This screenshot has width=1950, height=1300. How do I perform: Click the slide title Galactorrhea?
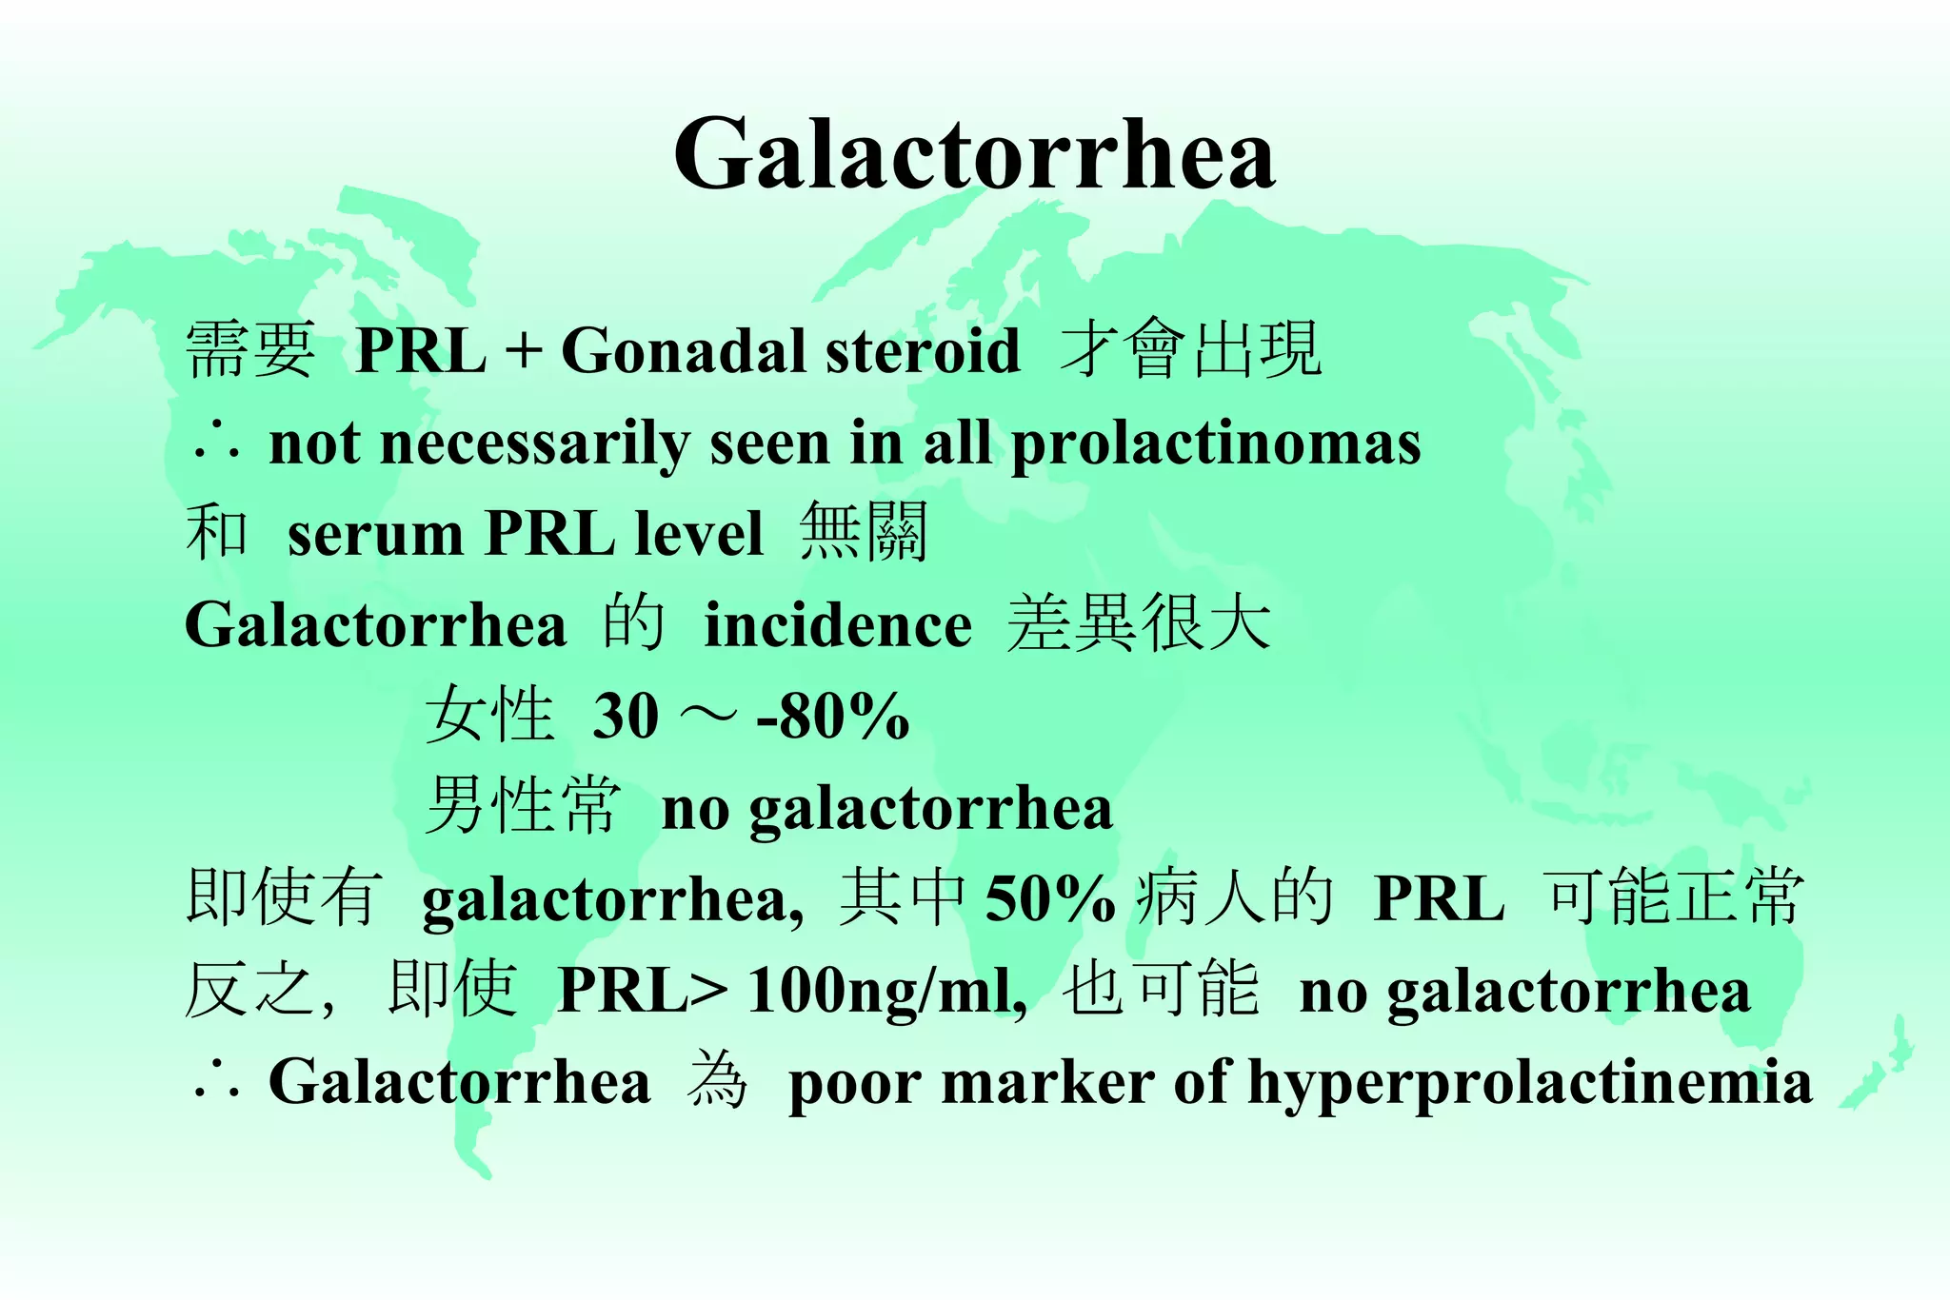(974, 154)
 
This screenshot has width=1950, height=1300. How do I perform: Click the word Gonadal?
(684, 350)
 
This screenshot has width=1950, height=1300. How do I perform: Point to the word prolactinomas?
(1216, 444)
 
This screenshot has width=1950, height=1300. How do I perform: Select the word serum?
(375, 534)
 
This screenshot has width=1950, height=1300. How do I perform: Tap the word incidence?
(838, 626)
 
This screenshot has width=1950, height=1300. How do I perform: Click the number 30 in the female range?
(626, 716)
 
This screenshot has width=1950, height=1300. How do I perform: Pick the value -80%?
(833, 716)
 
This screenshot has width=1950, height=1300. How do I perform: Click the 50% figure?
(1049, 898)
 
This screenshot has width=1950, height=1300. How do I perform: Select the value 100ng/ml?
(887, 991)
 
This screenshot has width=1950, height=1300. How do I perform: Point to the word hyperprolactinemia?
(1530, 1083)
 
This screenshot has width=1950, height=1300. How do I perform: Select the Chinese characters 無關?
(864, 533)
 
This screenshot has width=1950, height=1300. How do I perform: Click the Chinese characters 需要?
(249, 350)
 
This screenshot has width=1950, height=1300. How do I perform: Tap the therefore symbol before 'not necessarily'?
(216, 444)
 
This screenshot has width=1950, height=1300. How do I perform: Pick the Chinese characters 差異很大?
(1139, 624)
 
